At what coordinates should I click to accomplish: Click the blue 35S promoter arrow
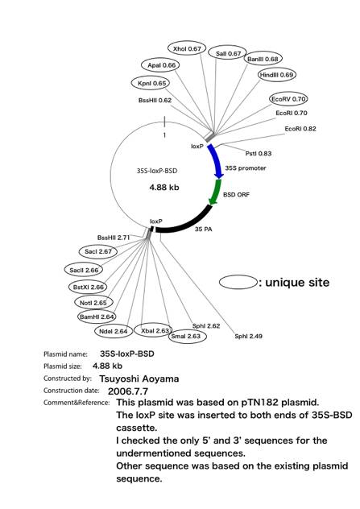click(217, 161)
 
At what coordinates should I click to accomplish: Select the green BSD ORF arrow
click(215, 192)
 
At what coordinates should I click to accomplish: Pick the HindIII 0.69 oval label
click(277, 75)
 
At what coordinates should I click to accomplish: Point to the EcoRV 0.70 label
click(288, 99)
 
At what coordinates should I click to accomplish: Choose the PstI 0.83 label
click(259, 154)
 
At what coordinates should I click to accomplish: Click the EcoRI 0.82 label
click(300, 129)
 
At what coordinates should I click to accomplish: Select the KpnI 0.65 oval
click(151, 83)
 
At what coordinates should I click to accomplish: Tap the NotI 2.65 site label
click(93, 303)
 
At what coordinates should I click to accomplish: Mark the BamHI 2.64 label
click(97, 317)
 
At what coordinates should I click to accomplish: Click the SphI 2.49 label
click(248, 337)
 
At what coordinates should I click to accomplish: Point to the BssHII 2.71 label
click(114, 238)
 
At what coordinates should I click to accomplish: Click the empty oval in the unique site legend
click(238, 282)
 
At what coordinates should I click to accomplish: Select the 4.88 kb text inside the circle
click(164, 188)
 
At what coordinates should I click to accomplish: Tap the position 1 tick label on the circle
click(164, 135)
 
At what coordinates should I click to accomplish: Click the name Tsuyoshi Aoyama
click(139, 379)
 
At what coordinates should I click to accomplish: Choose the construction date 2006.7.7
click(128, 391)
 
